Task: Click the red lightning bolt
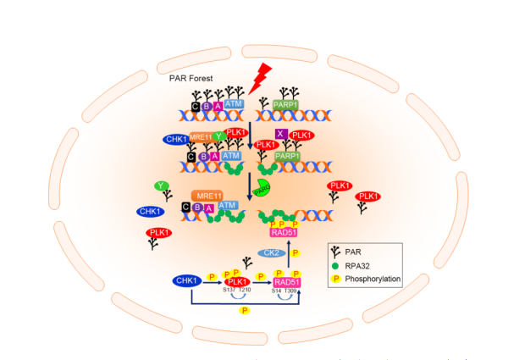click(x=260, y=75)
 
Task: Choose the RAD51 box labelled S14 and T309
click(x=286, y=282)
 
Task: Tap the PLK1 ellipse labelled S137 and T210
click(x=238, y=282)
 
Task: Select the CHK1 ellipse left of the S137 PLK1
click(x=190, y=280)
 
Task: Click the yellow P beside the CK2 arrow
click(x=295, y=252)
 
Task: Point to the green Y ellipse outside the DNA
click(x=160, y=186)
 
